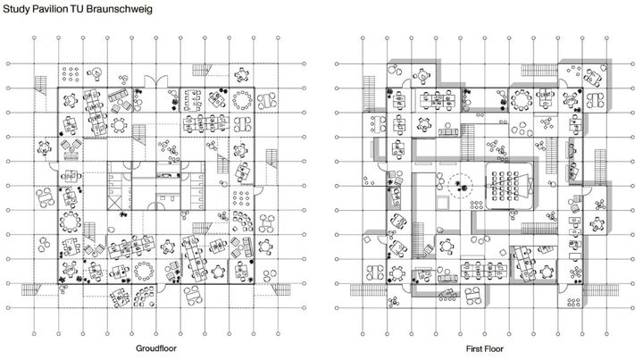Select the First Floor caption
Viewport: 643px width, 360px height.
(x=485, y=347)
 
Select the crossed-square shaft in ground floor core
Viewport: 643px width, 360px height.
(x=118, y=212)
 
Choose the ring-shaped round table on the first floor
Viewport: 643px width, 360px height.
(x=522, y=97)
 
